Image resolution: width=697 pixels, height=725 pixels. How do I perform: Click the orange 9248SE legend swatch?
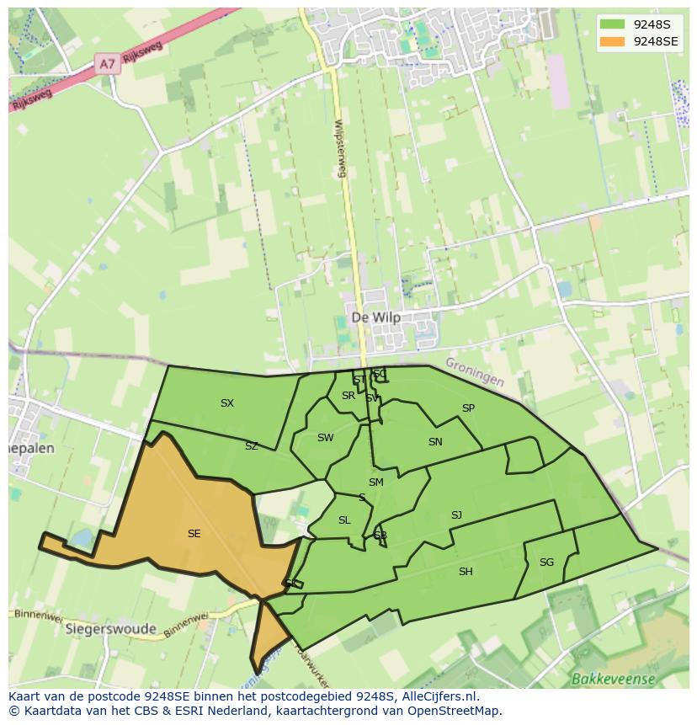(613, 41)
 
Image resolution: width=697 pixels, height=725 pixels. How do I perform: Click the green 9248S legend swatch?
(613, 24)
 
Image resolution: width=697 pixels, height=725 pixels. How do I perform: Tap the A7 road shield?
(107, 64)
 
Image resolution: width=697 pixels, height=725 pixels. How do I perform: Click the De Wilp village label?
(375, 317)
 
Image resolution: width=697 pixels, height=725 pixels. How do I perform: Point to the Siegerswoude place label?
(110, 629)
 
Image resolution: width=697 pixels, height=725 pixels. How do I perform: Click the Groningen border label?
(474, 371)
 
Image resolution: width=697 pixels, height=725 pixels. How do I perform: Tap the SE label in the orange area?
(194, 534)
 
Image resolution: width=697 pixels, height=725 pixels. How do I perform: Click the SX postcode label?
(226, 403)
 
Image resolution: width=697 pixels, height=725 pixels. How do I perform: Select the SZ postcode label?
(251, 446)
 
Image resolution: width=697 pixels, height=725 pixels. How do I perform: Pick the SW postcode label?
(325, 438)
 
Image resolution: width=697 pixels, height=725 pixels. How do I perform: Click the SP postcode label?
(468, 408)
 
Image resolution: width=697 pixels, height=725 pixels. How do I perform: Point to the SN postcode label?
(434, 442)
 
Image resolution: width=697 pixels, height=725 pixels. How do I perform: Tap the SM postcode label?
(375, 482)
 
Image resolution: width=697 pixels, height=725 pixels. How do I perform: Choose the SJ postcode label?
(456, 515)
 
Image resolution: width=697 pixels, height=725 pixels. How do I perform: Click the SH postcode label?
(466, 572)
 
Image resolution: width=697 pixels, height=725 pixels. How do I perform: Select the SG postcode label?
(546, 562)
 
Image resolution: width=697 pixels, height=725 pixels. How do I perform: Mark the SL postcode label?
(343, 520)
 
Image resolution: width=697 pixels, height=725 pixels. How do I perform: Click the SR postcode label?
(348, 396)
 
